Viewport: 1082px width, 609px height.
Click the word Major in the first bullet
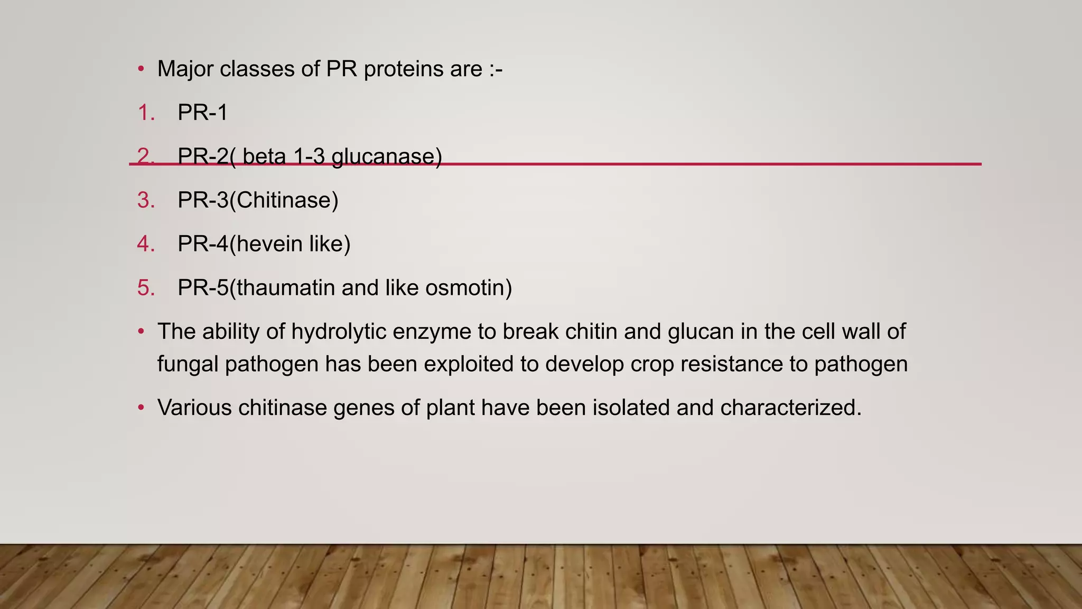tap(185, 69)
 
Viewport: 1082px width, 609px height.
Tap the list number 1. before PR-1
tap(146, 113)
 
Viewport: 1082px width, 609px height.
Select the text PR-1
tap(202, 113)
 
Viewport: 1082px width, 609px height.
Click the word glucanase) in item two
tap(386, 157)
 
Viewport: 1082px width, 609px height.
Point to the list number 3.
tap(146, 201)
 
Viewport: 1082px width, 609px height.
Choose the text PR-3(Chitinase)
tap(258, 201)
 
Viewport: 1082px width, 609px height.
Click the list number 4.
tap(146, 244)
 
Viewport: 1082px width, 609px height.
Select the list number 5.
tap(146, 288)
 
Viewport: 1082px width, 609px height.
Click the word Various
tap(194, 408)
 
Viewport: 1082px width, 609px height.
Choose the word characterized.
tap(791, 408)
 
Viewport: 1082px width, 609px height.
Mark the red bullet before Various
tap(141, 408)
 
